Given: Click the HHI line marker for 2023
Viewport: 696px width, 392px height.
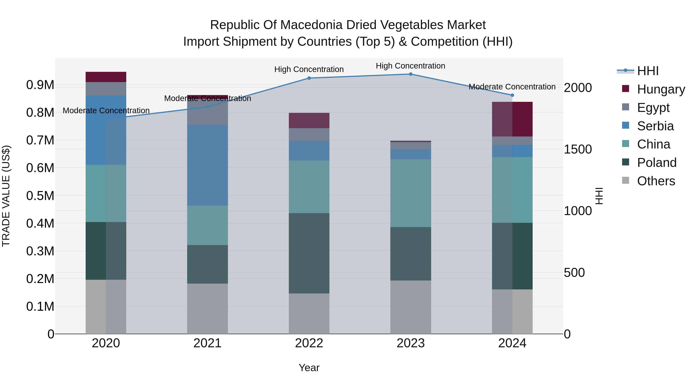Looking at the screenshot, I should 410,74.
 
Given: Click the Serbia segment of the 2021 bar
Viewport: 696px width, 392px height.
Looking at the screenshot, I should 207,165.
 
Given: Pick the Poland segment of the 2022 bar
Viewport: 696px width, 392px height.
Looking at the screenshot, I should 309,253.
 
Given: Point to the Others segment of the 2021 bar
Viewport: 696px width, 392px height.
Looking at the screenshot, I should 207,308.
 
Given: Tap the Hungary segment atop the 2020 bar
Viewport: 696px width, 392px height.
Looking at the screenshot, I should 106,77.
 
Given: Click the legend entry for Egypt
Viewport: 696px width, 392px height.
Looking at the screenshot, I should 653,107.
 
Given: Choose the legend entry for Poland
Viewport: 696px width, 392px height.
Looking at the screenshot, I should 657,163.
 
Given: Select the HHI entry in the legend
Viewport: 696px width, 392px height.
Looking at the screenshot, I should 648,71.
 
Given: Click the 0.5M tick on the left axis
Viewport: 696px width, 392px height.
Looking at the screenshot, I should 40,196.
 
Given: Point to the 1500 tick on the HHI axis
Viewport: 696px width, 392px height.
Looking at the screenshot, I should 578,149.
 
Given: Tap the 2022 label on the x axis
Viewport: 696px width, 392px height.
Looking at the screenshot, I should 309,343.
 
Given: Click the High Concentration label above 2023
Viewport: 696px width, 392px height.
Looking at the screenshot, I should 410,66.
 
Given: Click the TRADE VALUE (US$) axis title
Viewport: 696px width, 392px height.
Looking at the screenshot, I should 6,196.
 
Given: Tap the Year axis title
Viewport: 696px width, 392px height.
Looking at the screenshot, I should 309,368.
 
